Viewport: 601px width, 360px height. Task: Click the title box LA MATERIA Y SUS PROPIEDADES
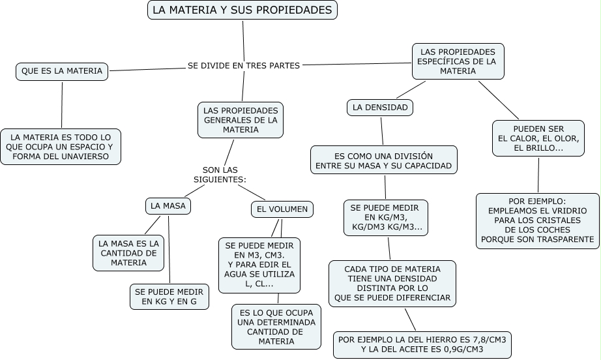(242, 10)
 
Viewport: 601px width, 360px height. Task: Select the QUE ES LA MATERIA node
(62, 72)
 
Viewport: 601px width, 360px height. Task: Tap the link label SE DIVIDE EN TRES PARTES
(244, 66)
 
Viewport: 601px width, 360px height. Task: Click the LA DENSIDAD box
(380, 108)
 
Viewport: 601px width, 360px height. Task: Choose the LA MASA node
(168, 206)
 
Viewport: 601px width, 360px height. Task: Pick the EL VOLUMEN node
(282, 209)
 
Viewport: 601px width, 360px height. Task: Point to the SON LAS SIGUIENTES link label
(220, 175)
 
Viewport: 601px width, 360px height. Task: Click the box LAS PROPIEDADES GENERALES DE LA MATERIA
(241, 120)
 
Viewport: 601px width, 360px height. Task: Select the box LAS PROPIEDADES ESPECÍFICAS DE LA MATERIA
(458, 61)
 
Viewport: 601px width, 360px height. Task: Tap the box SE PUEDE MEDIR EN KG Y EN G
(169, 297)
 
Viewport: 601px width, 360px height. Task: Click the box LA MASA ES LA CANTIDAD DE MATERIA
(128, 253)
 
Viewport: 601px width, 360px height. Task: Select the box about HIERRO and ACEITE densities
(422, 344)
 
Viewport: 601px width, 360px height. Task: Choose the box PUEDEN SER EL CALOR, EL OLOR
(538, 138)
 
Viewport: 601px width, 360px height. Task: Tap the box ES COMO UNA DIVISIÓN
(384, 160)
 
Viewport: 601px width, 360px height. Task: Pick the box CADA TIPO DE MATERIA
(392, 284)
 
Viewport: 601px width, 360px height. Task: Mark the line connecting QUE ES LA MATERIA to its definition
(62, 104)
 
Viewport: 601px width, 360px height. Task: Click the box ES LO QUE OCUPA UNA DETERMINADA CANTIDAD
(276, 327)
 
